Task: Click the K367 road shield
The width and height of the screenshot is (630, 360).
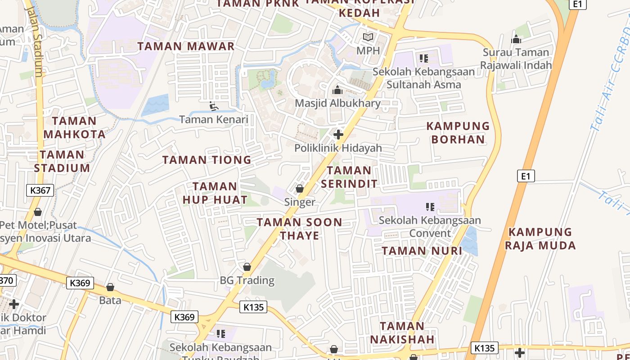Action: pos(40,190)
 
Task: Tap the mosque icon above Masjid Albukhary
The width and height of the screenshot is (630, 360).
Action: pos(337,90)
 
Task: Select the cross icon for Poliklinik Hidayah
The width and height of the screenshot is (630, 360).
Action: pos(338,134)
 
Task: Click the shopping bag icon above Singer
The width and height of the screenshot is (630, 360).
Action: pos(300,189)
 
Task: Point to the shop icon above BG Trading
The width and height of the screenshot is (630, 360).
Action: pos(247,267)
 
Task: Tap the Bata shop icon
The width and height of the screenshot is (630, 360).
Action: pos(110,287)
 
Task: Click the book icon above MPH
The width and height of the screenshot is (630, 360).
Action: pos(368,37)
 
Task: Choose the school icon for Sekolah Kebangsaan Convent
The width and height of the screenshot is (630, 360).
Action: pos(430,207)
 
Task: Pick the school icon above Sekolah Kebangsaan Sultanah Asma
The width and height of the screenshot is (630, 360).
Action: pos(423,58)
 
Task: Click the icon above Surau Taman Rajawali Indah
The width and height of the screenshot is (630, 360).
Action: pos(516,39)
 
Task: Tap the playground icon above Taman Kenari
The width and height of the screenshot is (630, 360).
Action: pos(214,106)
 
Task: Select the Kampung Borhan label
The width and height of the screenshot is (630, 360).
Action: pos(458,132)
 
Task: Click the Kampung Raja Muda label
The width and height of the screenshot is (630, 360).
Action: pos(540,238)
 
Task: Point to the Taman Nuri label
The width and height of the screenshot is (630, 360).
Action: pos(422,251)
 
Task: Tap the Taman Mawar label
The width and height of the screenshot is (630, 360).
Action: pos(186,46)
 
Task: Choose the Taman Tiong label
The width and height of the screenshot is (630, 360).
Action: pos(207,160)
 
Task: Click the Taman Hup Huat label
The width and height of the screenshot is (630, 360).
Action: pos(215,193)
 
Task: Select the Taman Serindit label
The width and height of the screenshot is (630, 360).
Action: pos(349,177)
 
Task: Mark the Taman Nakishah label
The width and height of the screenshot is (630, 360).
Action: pos(402,332)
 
